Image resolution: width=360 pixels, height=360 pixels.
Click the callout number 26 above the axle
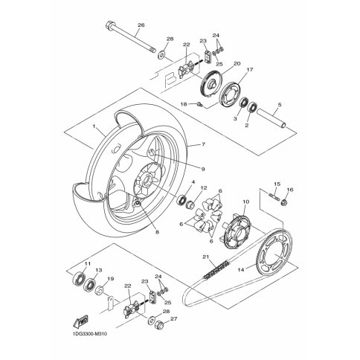point(141,25)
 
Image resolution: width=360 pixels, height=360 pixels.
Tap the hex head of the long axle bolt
point(109,25)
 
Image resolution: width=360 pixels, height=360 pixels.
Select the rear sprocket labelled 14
point(274,252)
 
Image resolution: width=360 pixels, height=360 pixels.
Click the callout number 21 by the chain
point(205,257)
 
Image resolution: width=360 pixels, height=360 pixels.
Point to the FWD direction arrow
point(81,321)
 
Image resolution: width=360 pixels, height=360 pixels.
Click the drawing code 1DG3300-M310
point(90,334)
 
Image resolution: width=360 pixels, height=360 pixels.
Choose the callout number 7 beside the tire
point(203,144)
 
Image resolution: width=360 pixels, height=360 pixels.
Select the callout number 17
point(250,70)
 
